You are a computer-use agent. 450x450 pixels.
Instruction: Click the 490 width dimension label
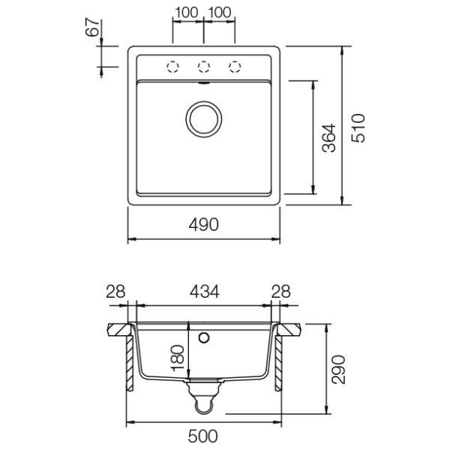[203, 224]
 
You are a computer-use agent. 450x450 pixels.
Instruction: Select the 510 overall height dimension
[358, 128]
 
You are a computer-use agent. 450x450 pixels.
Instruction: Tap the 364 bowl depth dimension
[329, 138]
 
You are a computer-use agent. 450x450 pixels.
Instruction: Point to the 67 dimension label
[93, 28]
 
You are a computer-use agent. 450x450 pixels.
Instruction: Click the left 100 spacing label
[186, 13]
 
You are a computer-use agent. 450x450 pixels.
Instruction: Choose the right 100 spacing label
[220, 13]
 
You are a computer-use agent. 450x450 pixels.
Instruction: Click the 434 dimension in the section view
[204, 291]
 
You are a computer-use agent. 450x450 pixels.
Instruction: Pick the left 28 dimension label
[115, 291]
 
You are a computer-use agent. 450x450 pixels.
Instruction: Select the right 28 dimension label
[281, 291]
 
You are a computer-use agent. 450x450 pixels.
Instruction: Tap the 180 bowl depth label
[177, 358]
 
